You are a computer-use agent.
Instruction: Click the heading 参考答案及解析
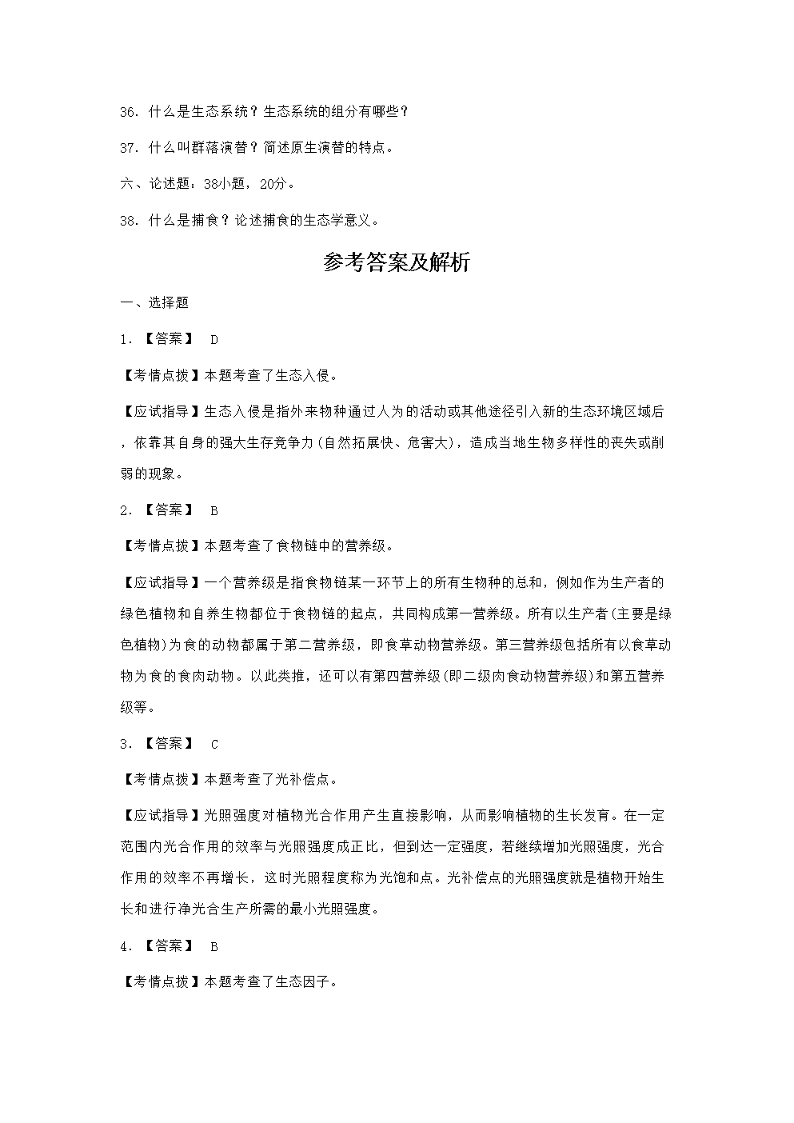click(x=397, y=263)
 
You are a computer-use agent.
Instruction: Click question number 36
click(x=130, y=112)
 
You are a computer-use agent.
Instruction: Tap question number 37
click(x=130, y=148)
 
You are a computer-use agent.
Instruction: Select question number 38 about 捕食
click(x=130, y=220)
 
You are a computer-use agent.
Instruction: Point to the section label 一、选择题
click(x=154, y=302)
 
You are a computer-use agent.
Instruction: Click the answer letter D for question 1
click(x=214, y=339)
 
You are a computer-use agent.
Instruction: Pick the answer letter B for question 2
click(x=214, y=510)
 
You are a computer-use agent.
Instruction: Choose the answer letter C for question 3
click(x=214, y=744)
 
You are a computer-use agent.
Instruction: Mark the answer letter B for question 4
click(x=214, y=946)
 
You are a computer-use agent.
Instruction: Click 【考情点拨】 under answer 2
click(x=158, y=546)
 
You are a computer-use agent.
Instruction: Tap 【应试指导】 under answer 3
click(x=158, y=815)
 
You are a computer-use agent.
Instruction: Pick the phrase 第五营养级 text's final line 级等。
click(x=138, y=707)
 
